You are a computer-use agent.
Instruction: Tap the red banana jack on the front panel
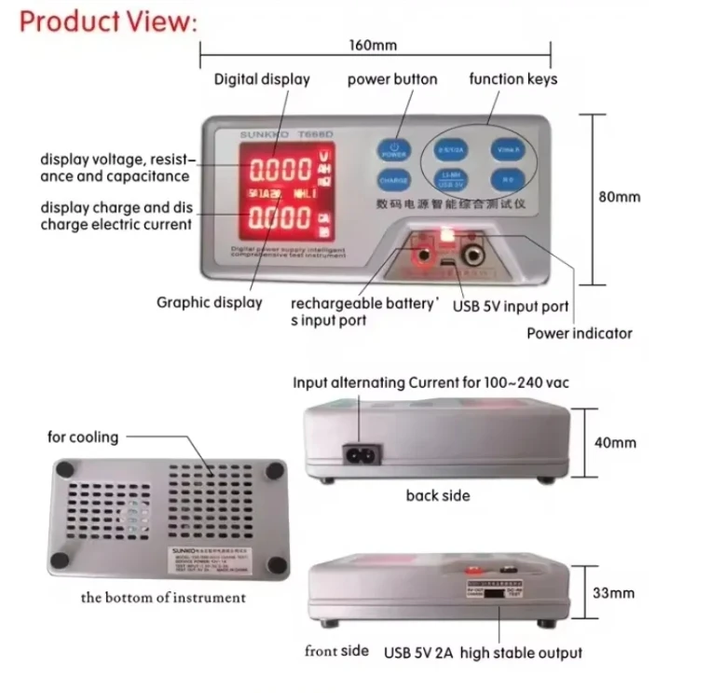(421, 253)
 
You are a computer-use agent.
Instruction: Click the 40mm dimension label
(616, 442)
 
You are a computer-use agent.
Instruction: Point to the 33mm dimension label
(615, 592)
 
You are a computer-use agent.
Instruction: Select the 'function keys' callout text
(513, 79)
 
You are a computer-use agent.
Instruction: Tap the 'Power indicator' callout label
(580, 333)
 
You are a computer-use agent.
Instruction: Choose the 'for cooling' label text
(83, 437)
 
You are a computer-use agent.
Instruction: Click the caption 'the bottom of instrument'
(163, 597)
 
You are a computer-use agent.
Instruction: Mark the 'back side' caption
(437, 495)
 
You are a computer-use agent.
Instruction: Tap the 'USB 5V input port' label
(511, 306)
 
